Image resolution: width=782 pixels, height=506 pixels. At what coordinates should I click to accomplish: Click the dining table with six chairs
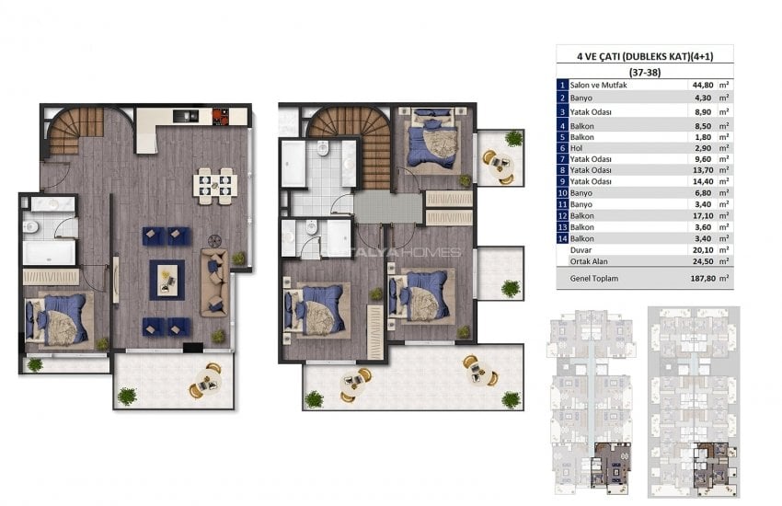click(215, 186)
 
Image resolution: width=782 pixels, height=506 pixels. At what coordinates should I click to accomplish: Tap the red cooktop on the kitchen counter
click(221, 117)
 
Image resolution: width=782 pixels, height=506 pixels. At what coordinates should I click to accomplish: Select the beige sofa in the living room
click(215, 282)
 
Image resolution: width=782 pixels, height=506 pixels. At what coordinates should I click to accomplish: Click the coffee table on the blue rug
click(167, 280)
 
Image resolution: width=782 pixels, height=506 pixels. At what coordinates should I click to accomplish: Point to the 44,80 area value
click(703, 86)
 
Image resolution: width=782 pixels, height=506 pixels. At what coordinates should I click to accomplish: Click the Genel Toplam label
click(594, 279)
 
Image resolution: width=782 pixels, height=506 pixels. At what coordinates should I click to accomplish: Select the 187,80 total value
click(703, 279)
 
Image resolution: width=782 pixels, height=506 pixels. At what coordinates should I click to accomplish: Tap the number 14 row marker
click(562, 239)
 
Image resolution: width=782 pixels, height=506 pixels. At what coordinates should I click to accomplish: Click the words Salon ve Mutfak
click(599, 86)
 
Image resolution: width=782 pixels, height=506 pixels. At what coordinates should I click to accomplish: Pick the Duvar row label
click(581, 250)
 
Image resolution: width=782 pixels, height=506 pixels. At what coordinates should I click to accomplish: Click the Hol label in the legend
click(576, 148)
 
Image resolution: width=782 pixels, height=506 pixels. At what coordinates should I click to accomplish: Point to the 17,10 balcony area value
click(703, 216)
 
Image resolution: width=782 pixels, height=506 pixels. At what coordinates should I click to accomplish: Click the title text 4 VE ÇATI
click(599, 56)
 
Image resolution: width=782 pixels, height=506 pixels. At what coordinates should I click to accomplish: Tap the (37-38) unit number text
click(645, 73)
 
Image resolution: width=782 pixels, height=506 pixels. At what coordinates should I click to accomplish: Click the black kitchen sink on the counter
click(186, 116)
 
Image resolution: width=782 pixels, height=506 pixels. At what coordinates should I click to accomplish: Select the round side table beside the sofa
click(214, 241)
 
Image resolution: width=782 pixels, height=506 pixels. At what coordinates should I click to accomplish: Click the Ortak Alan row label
click(589, 261)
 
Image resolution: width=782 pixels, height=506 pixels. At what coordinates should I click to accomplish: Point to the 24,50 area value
click(703, 261)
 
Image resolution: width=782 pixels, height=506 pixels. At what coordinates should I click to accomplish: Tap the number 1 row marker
click(562, 86)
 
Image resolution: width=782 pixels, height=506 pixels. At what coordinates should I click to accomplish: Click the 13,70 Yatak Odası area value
click(703, 170)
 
